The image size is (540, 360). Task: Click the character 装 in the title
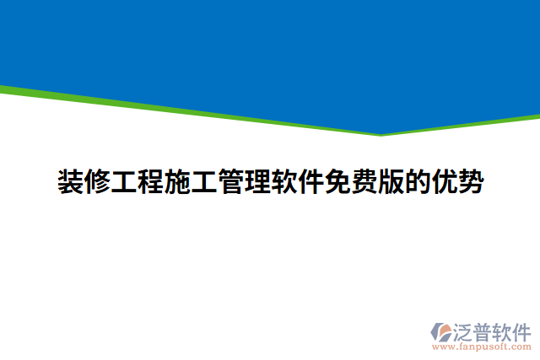(70, 181)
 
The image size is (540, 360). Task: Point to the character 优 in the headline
(445, 181)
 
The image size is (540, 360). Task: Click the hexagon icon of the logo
(441, 332)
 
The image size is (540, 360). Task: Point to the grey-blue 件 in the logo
(522, 330)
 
